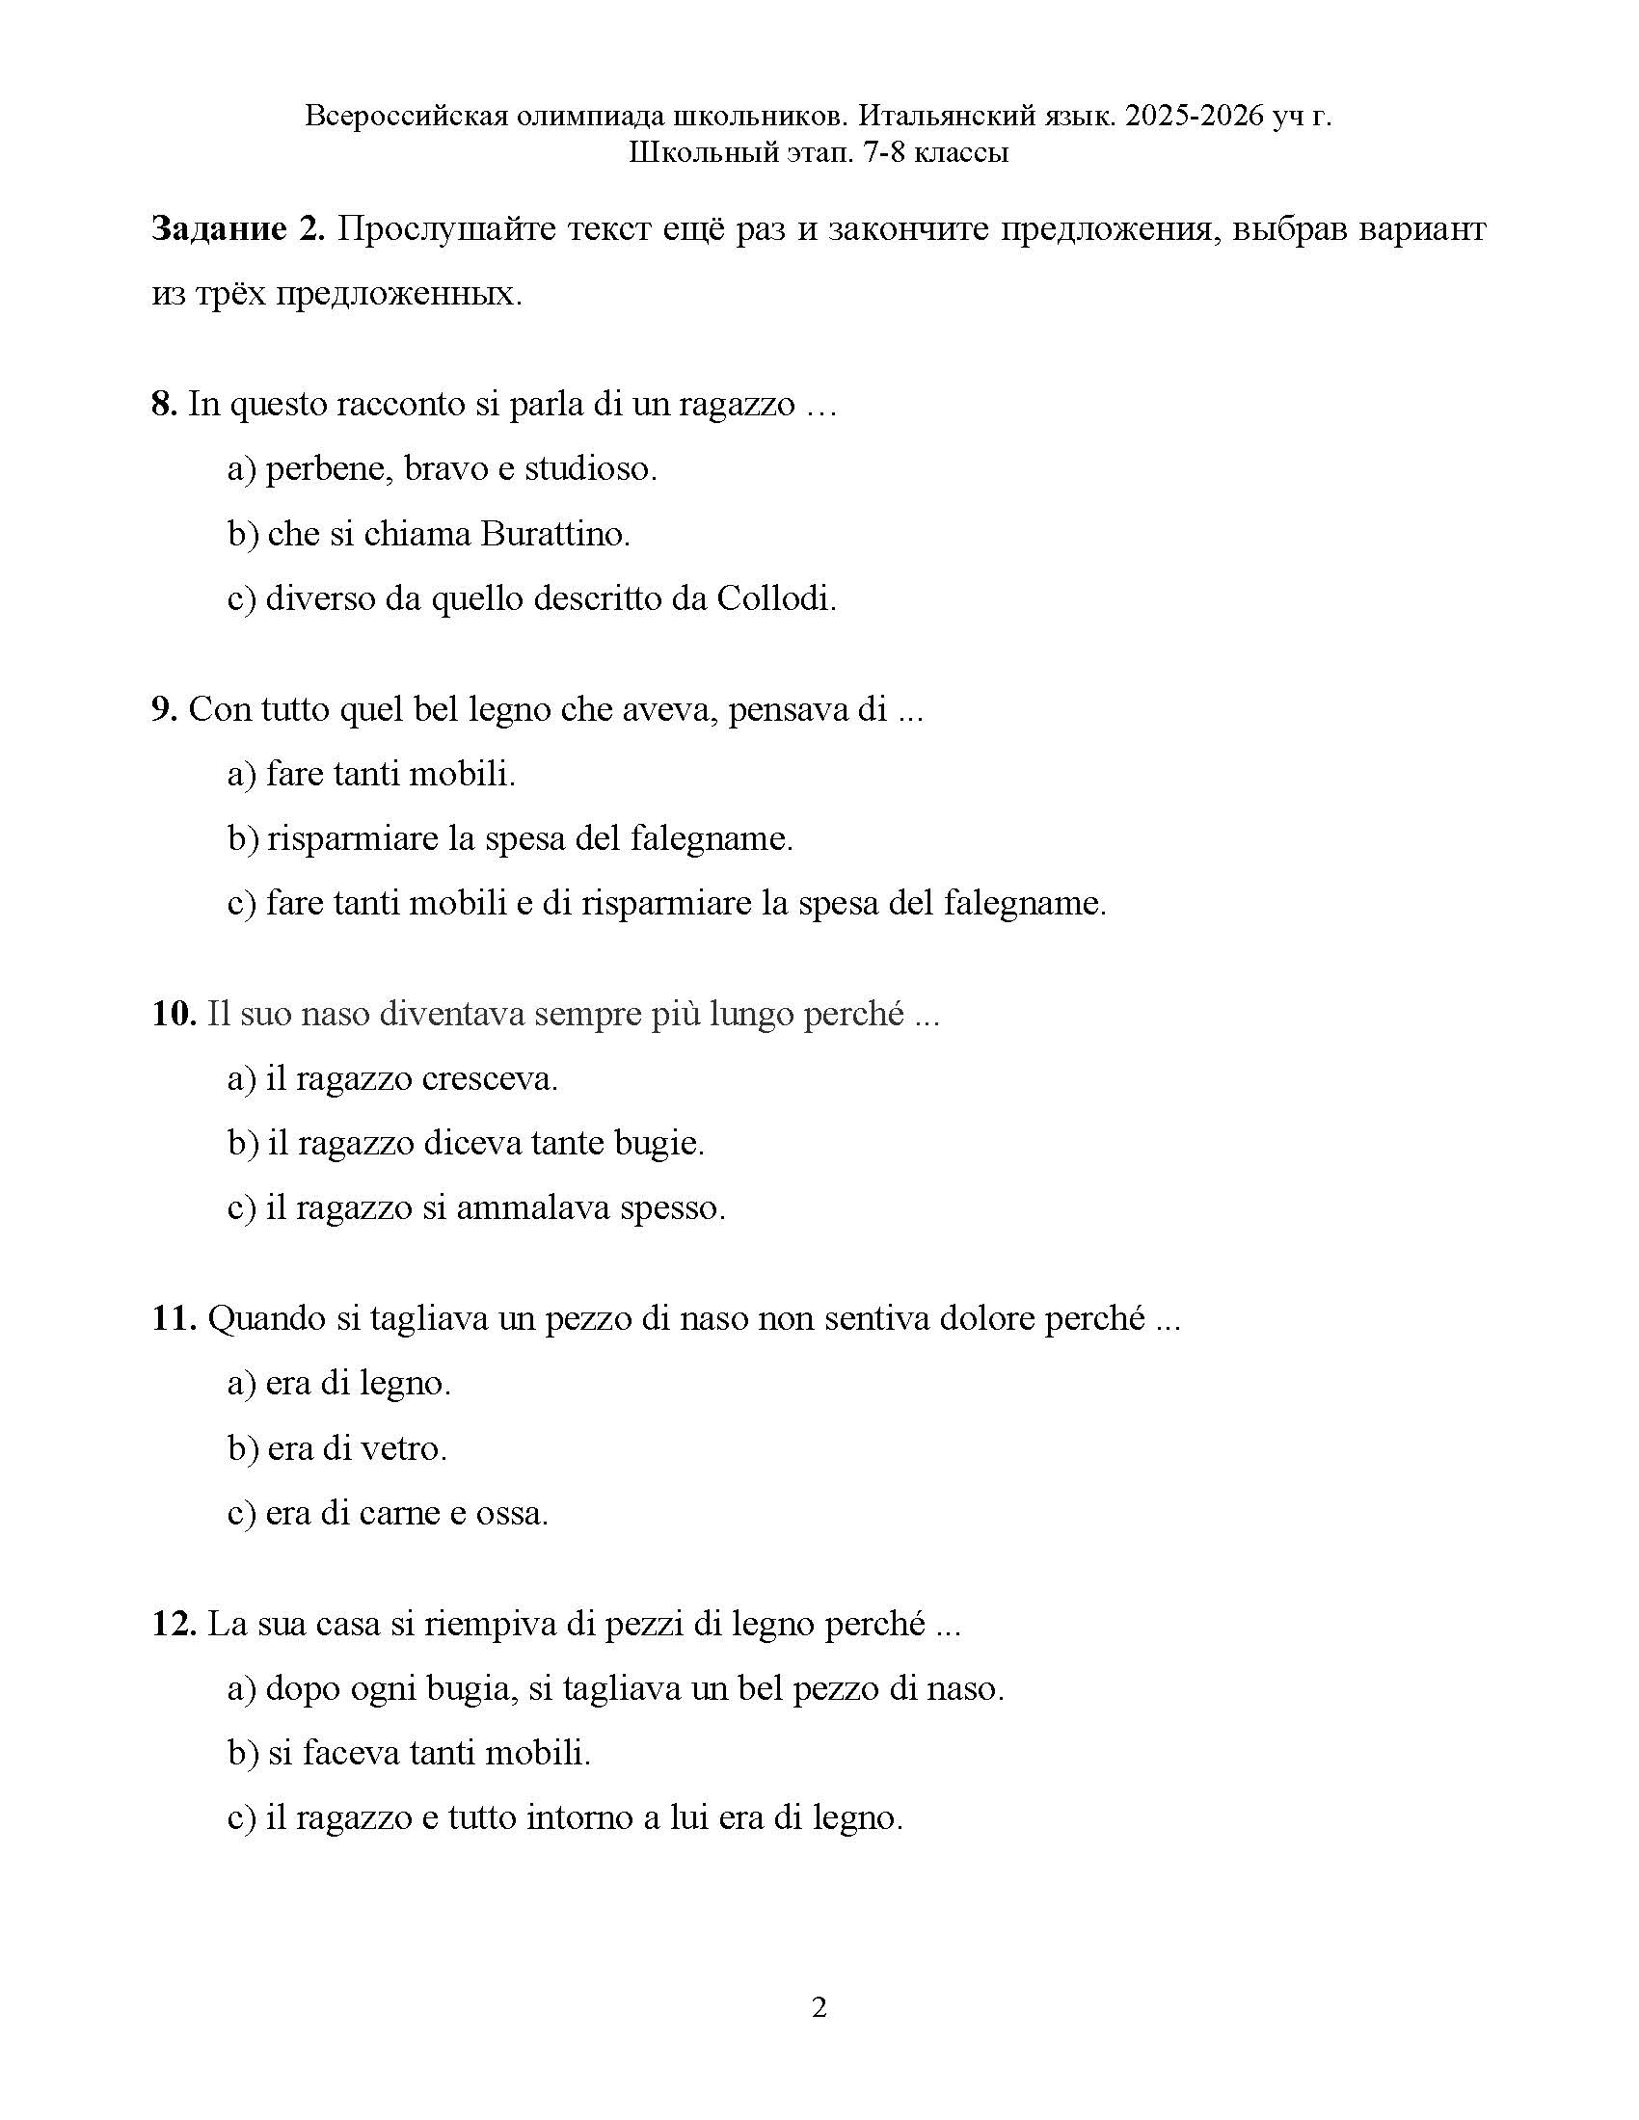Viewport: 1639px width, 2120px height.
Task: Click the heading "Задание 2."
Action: coord(237,230)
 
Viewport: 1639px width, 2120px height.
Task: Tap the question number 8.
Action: coord(163,404)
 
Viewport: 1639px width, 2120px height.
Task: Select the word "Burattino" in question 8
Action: coord(553,534)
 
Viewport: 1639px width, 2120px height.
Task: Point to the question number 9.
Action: coord(163,708)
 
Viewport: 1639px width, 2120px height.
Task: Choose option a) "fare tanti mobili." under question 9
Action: coord(372,774)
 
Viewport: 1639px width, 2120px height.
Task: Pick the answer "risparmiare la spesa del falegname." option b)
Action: coord(511,838)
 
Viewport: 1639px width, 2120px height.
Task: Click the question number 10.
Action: coord(174,1014)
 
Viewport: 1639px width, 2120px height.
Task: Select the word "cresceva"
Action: coord(492,1078)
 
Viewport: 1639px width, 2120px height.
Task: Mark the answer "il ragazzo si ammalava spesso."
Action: coord(476,1208)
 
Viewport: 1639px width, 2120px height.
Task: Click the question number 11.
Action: coord(174,1318)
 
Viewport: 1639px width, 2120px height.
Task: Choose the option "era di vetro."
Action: coord(337,1448)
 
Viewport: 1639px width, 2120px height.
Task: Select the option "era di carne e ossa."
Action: coord(389,1513)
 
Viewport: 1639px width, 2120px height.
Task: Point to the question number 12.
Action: coord(174,1623)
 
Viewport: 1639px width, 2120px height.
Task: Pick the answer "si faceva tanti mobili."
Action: coord(410,1753)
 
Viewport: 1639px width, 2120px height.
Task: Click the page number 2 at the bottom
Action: coord(819,2008)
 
